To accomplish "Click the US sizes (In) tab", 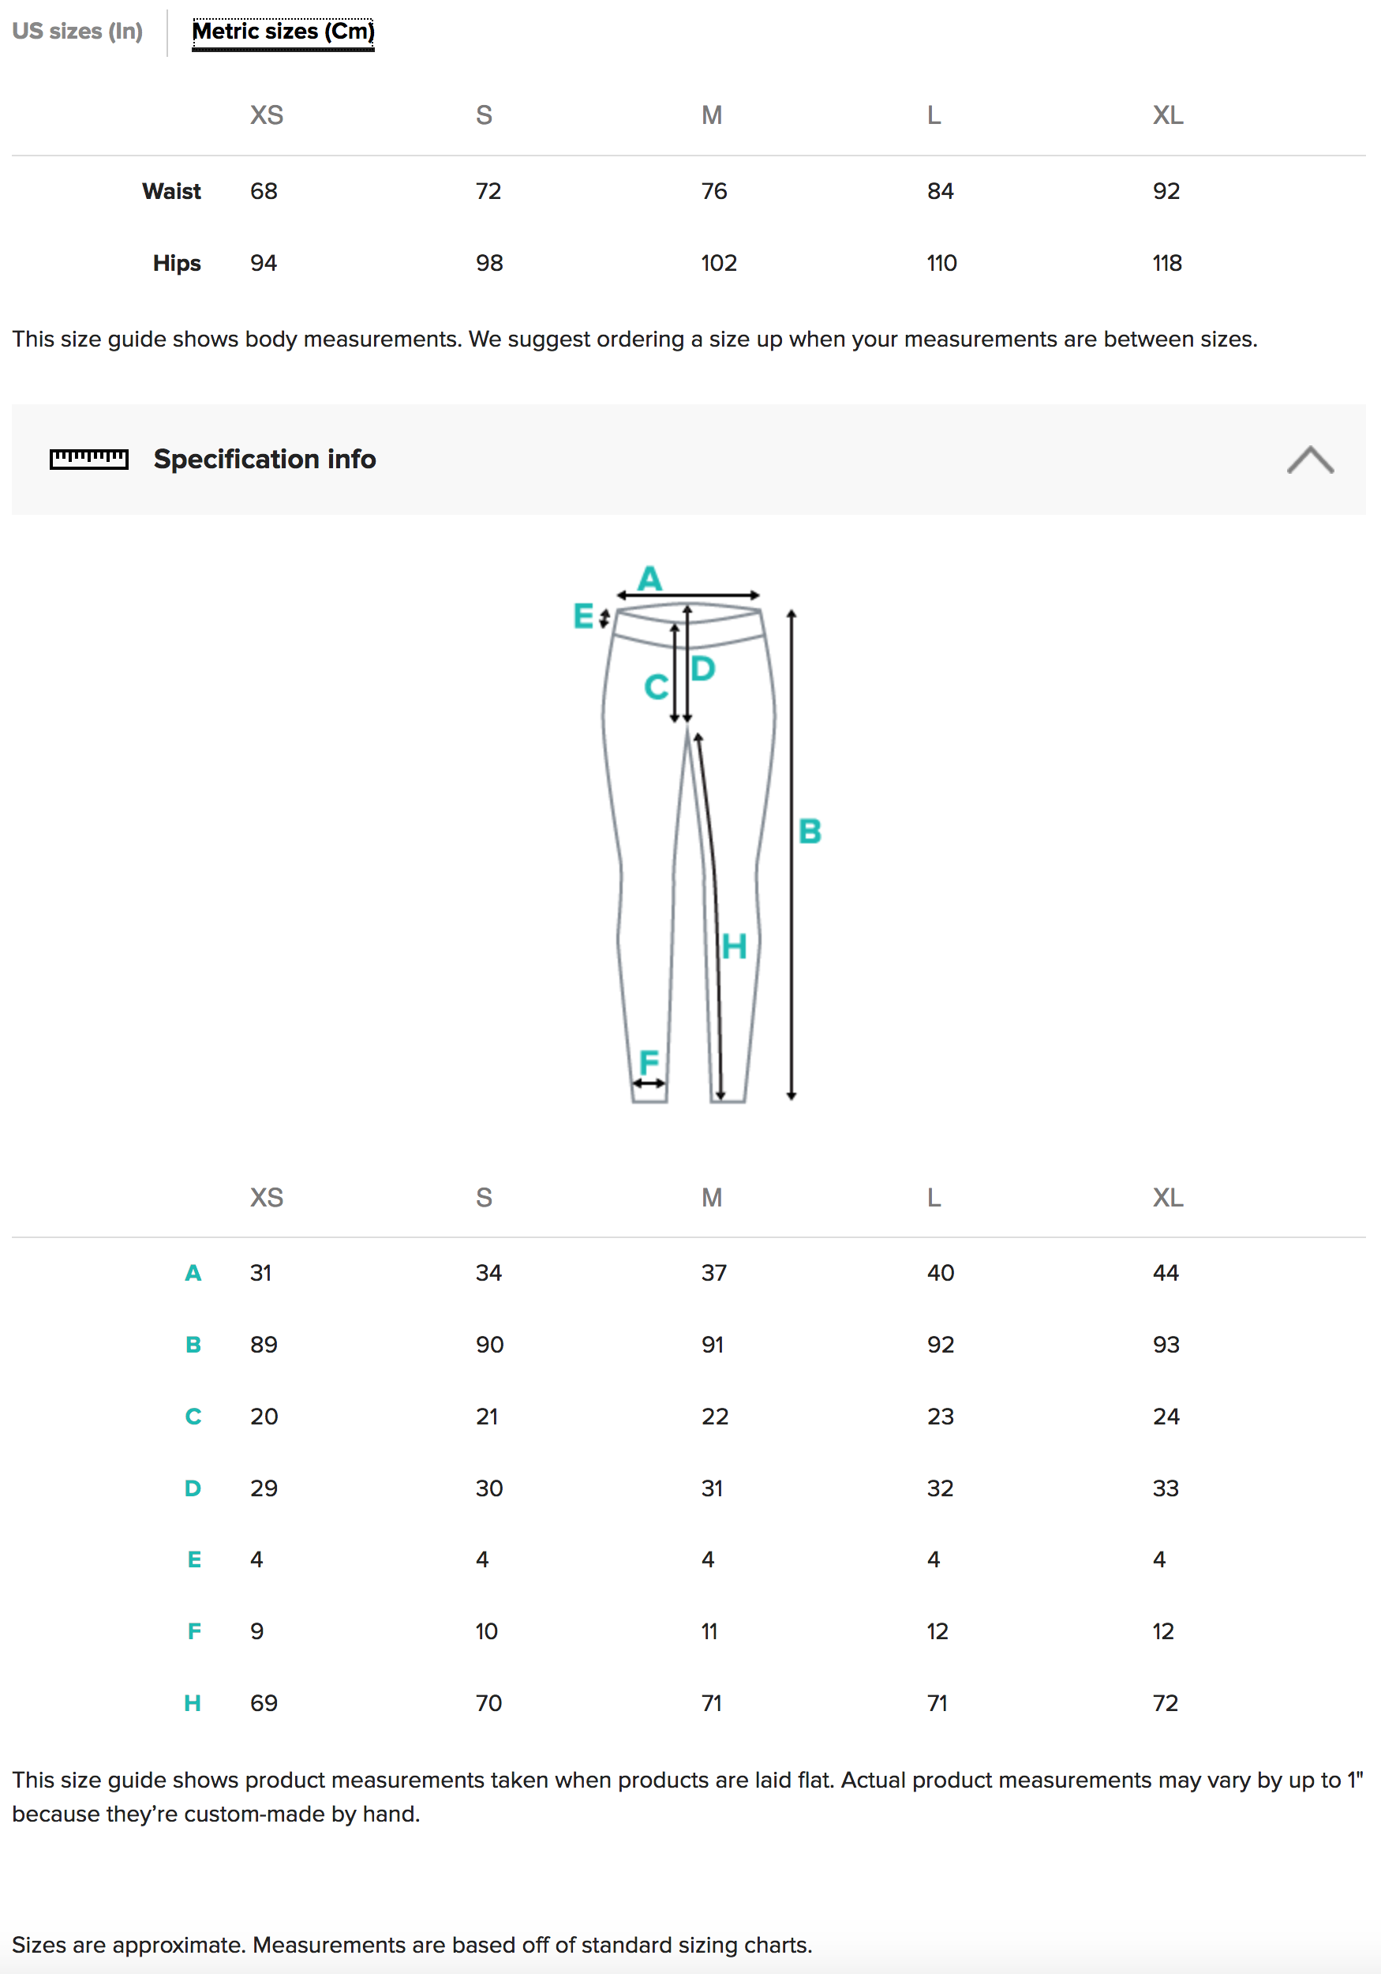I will click(x=77, y=32).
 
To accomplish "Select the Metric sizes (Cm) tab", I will click(x=283, y=32).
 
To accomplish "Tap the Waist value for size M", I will click(x=713, y=191).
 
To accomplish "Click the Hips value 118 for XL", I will click(x=1166, y=263).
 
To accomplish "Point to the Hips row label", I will click(x=176, y=263).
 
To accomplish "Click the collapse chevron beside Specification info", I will click(x=1309, y=460).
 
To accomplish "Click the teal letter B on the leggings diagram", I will click(x=810, y=831).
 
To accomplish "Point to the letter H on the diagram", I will click(x=734, y=947).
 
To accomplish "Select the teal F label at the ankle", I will click(x=649, y=1062).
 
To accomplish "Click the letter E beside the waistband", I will click(x=583, y=616).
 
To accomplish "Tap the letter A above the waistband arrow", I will click(x=649, y=578).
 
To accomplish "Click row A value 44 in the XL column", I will click(x=1166, y=1272).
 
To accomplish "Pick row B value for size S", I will click(x=489, y=1345).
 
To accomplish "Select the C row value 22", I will click(x=714, y=1416).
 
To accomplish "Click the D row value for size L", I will click(x=939, y=1488).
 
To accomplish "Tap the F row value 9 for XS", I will click(x=257, y=1631).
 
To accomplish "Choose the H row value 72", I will click(x=1165, y=1703).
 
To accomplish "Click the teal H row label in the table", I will click(x=193, y=1703).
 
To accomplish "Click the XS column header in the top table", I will click(x=267, y=115).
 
